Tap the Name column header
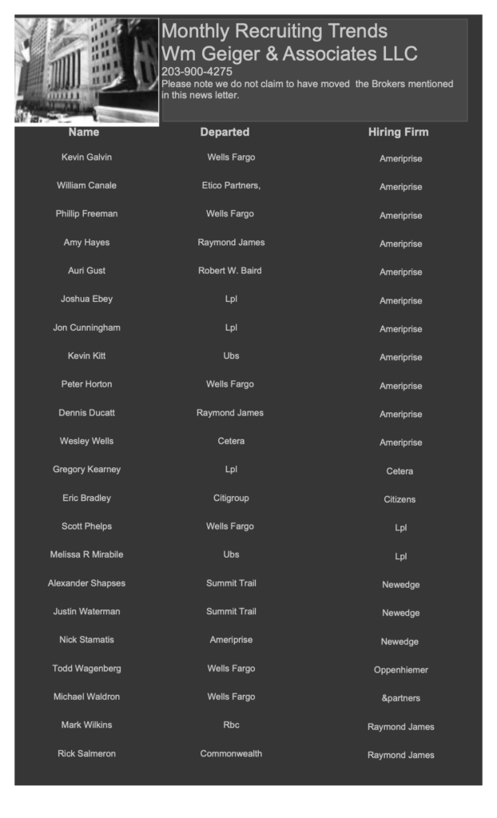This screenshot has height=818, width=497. (84, 132)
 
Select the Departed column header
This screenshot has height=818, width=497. (225, 132)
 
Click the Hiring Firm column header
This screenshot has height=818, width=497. (398, 132)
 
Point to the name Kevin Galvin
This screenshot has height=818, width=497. (86, 157)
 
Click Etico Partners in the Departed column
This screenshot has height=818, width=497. (231, 185)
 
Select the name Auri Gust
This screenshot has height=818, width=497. (86, 271)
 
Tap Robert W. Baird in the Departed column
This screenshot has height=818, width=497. (230, 271)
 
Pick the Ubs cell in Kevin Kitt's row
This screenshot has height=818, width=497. (231, 355)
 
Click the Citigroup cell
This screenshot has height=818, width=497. (231, 498)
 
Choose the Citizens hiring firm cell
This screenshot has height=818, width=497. (400, 499)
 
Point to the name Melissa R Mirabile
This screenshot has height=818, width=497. (86, 554)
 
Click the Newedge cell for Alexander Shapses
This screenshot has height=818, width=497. (400, 585)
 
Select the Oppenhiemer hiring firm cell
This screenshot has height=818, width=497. (401, 669)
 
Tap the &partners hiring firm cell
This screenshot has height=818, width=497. (401, 698)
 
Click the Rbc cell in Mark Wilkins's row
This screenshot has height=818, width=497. (231, 725)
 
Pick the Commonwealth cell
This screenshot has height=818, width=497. (231, 753)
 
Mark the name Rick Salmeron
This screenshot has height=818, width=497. (86, 753)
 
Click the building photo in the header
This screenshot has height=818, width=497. (86, 71)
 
